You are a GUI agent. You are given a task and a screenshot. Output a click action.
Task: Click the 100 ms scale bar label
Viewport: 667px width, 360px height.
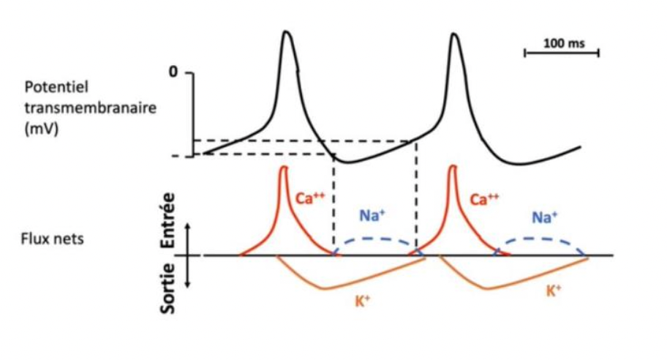pyautogui.click(x=565, y=44)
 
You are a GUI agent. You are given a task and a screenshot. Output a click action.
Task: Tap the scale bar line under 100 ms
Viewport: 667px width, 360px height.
pyautogui.click(x=562, y=53)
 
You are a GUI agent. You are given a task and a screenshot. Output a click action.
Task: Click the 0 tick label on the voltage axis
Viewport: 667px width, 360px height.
pyautogui.click(x=173, y=72)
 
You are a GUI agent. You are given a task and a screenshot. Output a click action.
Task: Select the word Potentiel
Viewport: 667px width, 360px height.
pyautogui.click(x=56, y=87)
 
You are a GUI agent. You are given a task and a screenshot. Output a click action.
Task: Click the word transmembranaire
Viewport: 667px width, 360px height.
pyautogui.click(x=79, y=107)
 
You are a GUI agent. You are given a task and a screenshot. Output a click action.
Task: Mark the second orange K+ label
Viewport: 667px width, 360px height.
pyautogui.click(x=554, y=291)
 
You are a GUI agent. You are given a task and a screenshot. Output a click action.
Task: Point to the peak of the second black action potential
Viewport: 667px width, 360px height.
pyautogui.click(x=454, y=33)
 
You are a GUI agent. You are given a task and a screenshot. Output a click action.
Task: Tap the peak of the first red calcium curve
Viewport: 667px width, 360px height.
pyautogui.click(x=284, y=168)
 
